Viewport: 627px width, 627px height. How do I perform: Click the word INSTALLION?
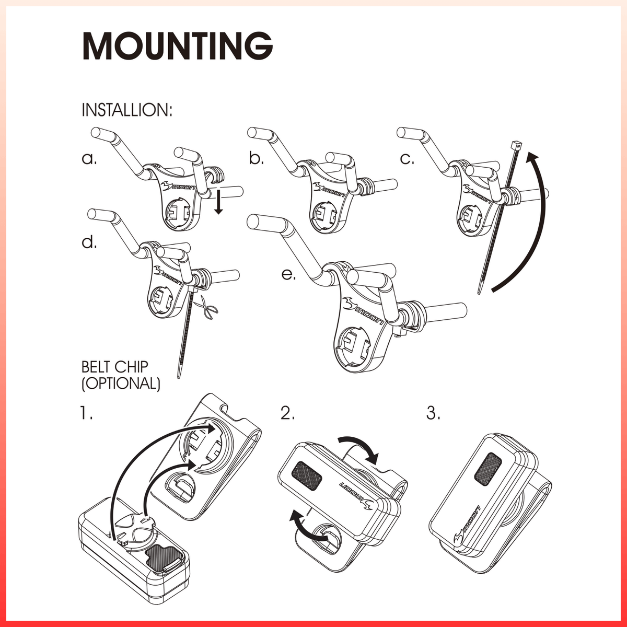[127, 110]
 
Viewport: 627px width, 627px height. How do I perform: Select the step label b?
[256, 158]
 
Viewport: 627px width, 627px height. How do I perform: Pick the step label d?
[89, 242]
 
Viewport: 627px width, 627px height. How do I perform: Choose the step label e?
[288, 274]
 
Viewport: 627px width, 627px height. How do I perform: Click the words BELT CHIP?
[115, 367]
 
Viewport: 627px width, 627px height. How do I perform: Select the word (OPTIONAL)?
[121, 384]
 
